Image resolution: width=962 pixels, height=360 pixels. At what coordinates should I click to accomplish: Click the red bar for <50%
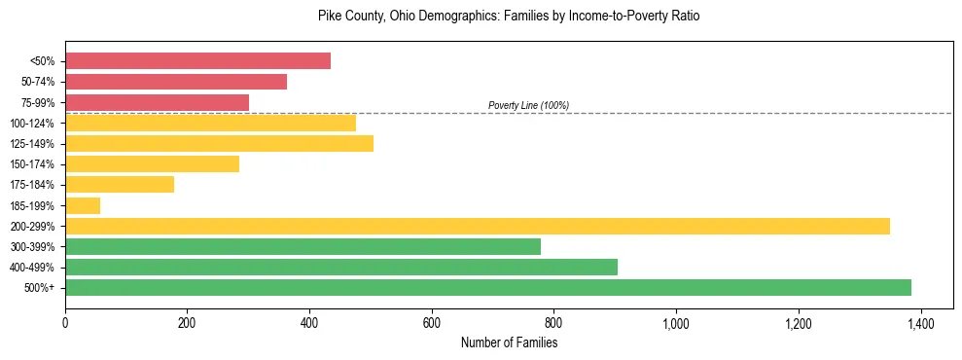tap(197, 61)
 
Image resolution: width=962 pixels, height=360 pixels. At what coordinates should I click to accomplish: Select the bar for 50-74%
tap(176, 82)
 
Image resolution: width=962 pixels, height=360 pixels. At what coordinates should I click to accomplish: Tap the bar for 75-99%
tap(157, 102)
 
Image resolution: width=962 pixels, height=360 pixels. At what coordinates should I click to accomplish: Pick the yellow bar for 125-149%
tap(219, 144)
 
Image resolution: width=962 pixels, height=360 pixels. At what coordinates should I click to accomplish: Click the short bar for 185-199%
tap(83, 205)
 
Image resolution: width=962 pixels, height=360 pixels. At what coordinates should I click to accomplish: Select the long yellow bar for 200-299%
tap(477, 227)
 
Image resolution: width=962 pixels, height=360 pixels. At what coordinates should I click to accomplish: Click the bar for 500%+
tap(487, 288)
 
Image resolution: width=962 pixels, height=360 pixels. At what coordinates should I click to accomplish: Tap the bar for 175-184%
tap(120, 185)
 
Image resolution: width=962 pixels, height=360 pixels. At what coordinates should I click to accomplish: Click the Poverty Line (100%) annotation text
tap(528, 106)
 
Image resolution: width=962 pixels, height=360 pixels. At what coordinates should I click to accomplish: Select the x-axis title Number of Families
tap(509, 342)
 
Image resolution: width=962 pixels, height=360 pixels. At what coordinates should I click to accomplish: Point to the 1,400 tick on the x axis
tap(920, 323)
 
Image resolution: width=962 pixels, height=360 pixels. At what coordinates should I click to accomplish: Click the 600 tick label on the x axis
tap(432, 323)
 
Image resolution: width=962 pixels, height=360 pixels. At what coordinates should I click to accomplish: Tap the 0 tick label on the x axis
tap(65, 323)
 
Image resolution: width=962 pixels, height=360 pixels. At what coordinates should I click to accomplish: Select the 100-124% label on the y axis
tap(32, 124)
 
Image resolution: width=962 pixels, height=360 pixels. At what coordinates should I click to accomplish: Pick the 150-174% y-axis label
tap(32, 164)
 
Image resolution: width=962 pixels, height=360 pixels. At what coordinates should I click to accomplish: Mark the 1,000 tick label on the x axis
tap(676, 323)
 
